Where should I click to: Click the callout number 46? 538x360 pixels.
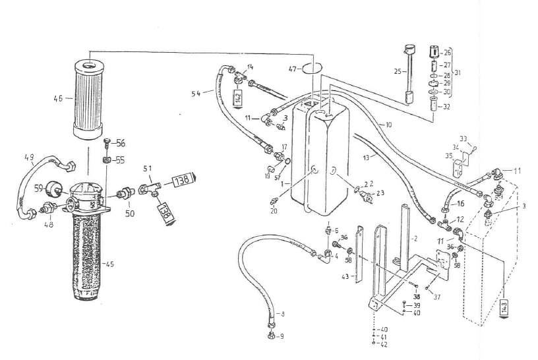pos(57,99)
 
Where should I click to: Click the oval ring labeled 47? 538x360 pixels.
pos(314,68)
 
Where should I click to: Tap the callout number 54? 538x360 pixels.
pos(196,94)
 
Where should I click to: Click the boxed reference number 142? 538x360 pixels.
pos(239,98)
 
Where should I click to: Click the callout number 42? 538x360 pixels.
pos(384,343)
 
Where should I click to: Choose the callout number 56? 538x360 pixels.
pos(121,143)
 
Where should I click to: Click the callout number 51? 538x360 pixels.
pos(147,168)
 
